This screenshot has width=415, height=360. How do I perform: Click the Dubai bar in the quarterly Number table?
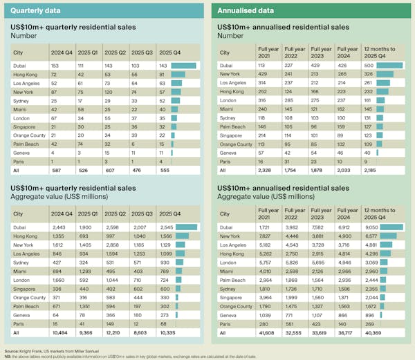[x=183, y=65]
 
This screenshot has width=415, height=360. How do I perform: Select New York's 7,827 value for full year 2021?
[x=275, y=235]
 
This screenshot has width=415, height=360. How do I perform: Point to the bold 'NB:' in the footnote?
[x=8, y=355]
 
